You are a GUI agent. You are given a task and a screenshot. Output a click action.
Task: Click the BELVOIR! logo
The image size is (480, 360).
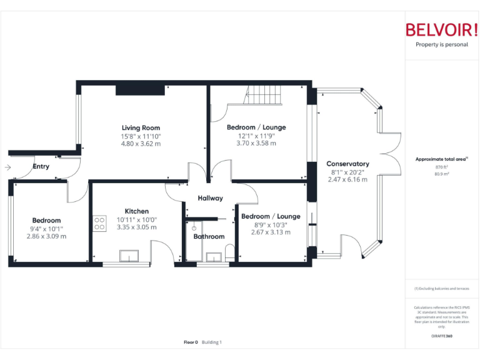[x=441, y=29]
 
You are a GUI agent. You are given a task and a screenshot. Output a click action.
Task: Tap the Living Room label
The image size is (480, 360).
[x=141, y=128]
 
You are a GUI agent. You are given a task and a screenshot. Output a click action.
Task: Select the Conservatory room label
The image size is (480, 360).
[x=347, y=164]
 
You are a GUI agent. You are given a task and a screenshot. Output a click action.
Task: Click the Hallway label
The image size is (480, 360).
[x=210, y=198]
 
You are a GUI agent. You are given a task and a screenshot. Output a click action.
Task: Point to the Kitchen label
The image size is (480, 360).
[x=136, y=211]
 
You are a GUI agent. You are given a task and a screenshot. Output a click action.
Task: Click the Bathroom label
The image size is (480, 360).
[x=209, y=236]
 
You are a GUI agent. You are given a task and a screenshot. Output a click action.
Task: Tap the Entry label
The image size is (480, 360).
[x=41, y=167]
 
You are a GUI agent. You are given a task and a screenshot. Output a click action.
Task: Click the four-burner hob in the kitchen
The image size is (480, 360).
[x=99, y=223]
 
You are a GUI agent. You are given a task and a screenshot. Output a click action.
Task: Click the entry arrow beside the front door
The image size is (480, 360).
[x=7, y=167]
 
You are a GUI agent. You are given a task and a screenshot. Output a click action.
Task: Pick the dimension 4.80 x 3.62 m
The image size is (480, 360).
[x=141, y=144]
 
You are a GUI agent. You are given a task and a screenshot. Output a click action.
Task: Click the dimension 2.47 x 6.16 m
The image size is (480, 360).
[x=347, y=179]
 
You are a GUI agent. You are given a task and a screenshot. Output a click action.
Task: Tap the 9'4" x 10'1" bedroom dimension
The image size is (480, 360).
[x=46, y=228]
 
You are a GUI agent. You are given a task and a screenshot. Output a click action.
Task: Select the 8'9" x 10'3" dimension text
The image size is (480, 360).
[x=271, y=224]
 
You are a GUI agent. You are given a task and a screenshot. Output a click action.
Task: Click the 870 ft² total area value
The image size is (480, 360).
[x=441, y=167]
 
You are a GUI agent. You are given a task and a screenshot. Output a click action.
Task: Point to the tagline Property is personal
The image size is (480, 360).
[x=441, y=45]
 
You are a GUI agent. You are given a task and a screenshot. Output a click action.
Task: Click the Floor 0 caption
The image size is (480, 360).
[x=191, y=342]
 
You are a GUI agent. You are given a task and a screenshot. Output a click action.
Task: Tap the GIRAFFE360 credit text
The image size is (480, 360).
[x=441, y=336]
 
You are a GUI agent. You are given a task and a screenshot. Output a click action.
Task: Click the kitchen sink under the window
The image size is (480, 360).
[x=131, y=256]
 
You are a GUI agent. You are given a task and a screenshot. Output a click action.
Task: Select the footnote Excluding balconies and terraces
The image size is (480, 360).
[x=441, y=289]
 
